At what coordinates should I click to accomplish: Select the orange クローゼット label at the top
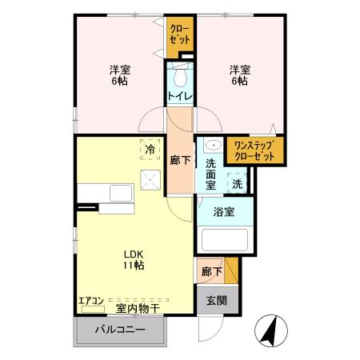point(180,34)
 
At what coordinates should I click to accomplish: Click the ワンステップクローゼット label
point(254,150)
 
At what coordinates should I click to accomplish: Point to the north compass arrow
point(269,330)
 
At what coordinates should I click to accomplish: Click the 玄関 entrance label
point(210,301)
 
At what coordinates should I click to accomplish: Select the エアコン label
point(90,301)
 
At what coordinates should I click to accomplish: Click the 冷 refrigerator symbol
point(149,148)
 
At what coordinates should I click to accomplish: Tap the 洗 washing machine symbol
point(237,184)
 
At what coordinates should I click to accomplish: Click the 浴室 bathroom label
point(224,212)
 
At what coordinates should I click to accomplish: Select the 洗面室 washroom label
point(210,174)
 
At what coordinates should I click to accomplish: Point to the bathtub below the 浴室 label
point(224,241)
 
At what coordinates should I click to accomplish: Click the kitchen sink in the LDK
point(121,194)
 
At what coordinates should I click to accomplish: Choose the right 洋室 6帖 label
point(240,75)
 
